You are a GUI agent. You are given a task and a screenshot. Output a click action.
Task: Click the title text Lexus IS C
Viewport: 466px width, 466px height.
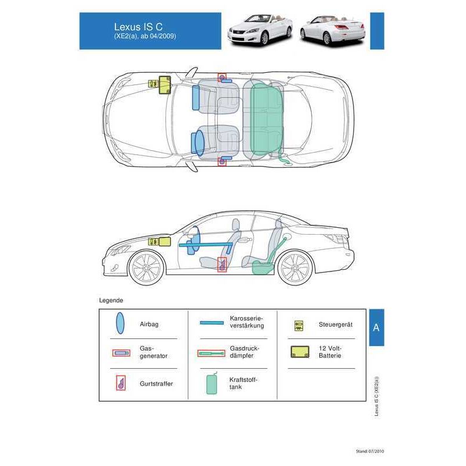(138, 27)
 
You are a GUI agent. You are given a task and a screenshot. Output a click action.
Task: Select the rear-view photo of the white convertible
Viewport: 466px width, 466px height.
(333, 30)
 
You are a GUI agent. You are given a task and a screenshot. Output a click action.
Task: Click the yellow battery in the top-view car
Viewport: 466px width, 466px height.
(165, 85)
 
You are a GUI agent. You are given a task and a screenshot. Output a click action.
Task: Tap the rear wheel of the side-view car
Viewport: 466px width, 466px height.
(295, 268)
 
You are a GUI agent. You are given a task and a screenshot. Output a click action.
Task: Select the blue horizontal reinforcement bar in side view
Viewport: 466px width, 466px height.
(206, 245)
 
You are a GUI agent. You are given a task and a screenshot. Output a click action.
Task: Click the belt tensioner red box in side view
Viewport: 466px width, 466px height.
(223, 264)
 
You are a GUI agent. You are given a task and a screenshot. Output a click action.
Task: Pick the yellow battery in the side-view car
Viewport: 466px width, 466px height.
(165, 242)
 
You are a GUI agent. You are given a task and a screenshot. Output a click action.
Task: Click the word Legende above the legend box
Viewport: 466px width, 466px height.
(111, 300)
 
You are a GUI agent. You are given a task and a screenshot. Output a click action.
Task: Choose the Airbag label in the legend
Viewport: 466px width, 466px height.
(149, 324)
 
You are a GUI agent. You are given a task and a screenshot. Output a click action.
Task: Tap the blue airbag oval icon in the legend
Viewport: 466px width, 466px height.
(120, 323)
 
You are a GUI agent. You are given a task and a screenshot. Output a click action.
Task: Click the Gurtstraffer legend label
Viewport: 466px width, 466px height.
(156, 383)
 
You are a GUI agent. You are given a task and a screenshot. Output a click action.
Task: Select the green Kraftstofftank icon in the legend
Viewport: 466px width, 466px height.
(212, 383)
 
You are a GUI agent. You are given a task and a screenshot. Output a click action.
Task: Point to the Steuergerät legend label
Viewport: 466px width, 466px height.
(336, 324)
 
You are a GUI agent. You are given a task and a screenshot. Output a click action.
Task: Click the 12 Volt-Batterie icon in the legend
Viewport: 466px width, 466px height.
(300, 352)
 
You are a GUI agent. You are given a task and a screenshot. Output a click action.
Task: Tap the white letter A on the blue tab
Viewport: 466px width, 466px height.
(376, 327)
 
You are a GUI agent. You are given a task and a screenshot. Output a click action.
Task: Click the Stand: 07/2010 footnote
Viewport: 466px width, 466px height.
(370, 451)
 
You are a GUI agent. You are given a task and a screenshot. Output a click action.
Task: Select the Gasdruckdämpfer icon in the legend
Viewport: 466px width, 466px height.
(211, 354)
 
